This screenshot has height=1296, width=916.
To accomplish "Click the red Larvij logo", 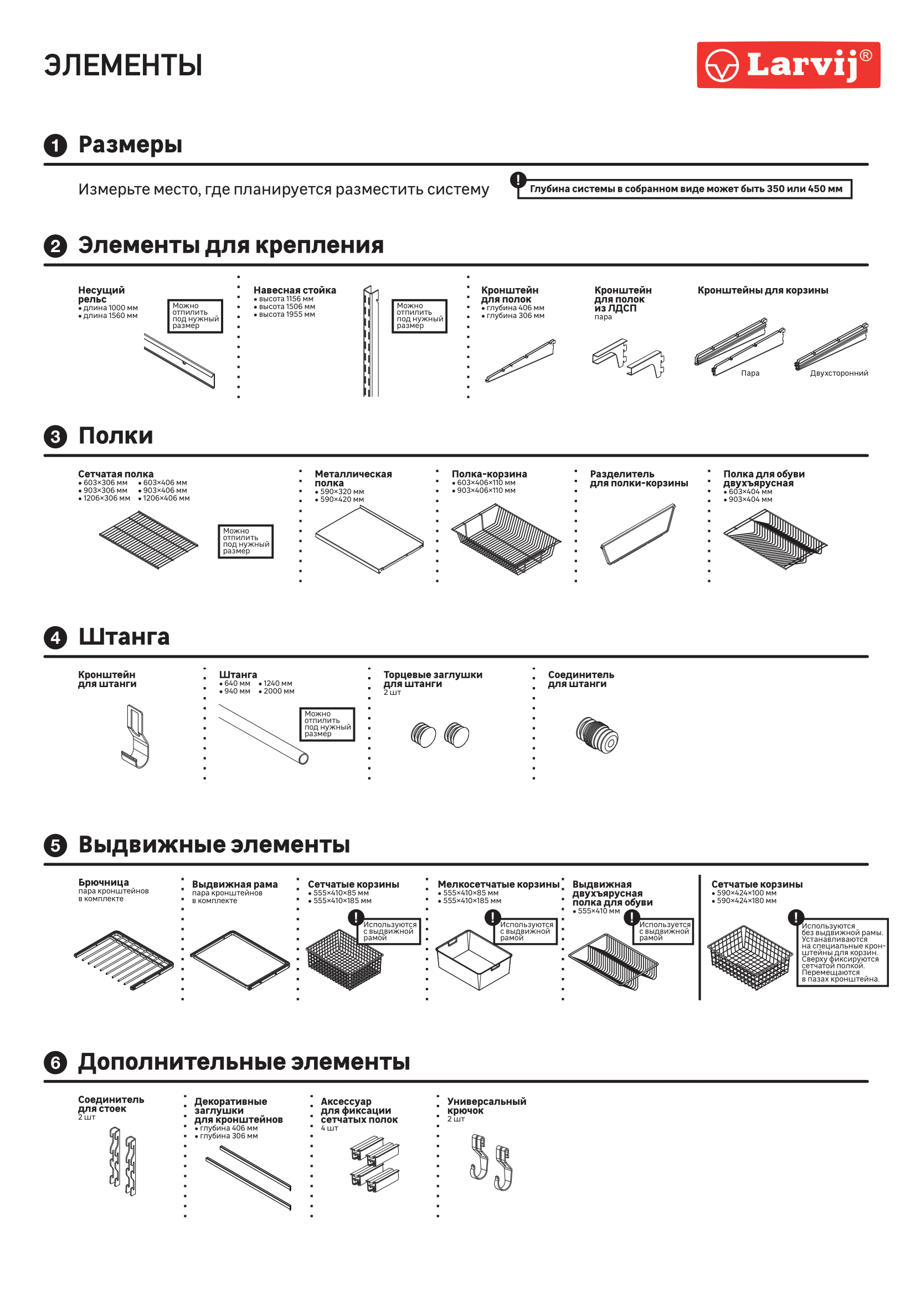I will [x=788, y=65].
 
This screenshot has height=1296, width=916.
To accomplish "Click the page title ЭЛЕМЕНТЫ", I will [x=123, y=65].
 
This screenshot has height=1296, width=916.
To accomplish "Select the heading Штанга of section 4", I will [x=123, y=637].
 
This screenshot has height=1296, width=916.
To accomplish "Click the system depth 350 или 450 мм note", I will [x=685, y=189].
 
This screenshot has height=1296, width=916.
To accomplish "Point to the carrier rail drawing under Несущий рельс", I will [x=179, y=360].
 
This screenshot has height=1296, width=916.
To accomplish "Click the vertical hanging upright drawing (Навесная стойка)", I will [x=370, y=341].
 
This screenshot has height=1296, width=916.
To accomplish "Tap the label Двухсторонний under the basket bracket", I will [x=838, y=373].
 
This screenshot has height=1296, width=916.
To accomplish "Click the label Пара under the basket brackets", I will [x=750, y=373].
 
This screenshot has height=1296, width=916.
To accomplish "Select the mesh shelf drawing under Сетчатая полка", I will [x=148, y=539].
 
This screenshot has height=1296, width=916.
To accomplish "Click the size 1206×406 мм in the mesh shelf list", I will [x=166, y=498].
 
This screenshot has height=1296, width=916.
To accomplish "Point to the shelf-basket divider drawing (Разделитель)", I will [x=638, y=534].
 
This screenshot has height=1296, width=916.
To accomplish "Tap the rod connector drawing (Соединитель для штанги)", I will [x=597, y=735].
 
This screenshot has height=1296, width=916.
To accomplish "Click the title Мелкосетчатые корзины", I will [x=498, y=884].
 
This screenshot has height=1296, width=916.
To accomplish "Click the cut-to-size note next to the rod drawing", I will [x=327, y=724].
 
